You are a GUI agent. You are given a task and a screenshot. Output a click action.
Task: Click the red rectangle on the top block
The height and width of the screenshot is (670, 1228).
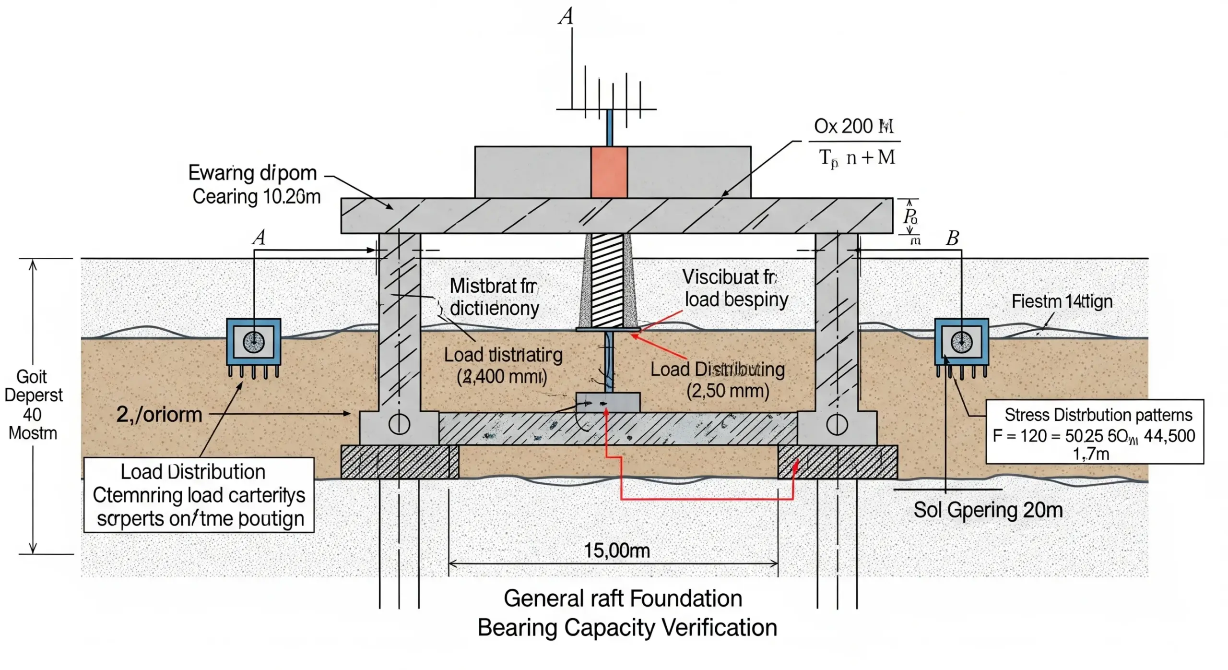609,172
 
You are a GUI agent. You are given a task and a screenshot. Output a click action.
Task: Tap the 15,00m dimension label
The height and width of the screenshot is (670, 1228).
616,550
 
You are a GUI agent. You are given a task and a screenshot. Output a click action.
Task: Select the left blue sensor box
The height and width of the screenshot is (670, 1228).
253,342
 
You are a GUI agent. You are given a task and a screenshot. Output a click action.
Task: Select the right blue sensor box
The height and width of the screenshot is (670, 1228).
961,342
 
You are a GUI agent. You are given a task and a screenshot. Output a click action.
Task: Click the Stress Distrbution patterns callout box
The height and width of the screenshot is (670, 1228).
1094,431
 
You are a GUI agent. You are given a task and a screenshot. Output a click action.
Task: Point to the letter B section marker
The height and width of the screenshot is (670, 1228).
952,239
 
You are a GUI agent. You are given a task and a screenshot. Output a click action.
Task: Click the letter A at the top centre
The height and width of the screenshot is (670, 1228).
566,17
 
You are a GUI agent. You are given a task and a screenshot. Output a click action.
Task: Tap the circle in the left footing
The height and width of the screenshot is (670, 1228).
399,424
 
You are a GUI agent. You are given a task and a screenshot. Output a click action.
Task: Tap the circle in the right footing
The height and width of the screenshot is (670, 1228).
837,424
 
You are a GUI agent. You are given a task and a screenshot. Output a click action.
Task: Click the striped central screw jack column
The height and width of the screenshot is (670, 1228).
608,281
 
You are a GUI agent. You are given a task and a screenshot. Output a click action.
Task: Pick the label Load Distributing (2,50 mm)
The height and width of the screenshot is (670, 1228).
718,380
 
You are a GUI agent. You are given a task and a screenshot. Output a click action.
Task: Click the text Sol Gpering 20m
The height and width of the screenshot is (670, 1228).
988,510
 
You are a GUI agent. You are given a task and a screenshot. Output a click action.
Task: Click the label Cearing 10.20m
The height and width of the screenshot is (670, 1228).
256,197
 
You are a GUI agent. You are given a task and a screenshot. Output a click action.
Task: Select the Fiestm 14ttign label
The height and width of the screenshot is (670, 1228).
1062,301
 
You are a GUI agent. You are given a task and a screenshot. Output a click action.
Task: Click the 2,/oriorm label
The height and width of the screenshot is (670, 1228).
159,414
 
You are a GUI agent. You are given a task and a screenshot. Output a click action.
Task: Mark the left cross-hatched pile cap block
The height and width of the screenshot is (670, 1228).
399,462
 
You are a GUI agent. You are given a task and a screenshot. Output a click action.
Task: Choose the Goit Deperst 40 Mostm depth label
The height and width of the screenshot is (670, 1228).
33,405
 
